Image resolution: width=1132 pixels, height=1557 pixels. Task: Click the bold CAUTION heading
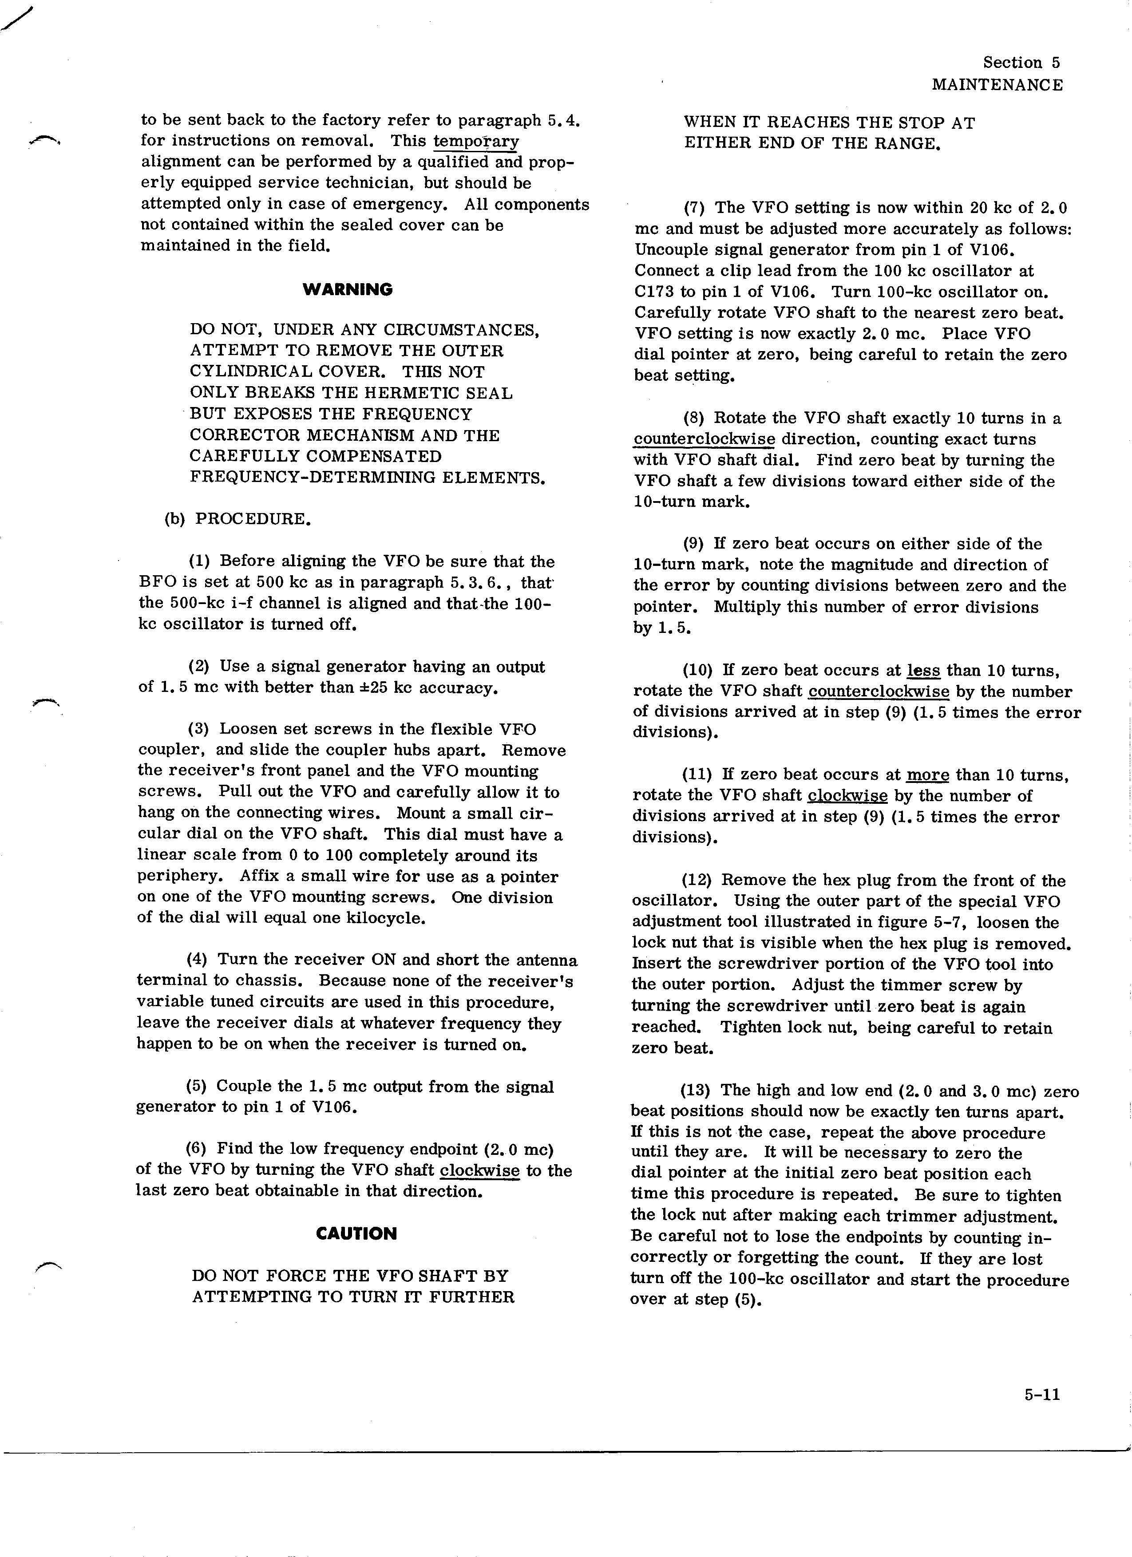tap(356, 1233)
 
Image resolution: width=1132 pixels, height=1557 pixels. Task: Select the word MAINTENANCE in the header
tap(997, 85)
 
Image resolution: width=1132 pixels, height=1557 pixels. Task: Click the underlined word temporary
tap(476, 142)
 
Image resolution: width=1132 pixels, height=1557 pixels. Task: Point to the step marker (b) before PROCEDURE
tap(175, 518)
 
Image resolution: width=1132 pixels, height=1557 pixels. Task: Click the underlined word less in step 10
tap(923, 670)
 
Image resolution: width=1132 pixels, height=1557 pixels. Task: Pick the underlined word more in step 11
tap(927, 775)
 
